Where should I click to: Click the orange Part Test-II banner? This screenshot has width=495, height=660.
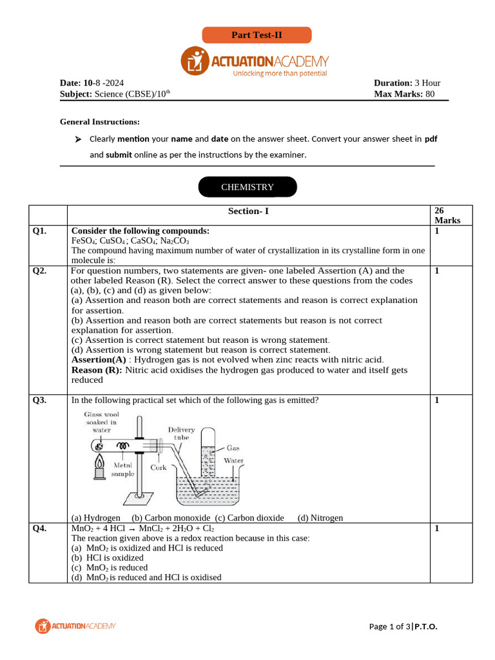click(x=257, y=35)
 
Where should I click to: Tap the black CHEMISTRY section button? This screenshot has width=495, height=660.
click(x=247, y=187)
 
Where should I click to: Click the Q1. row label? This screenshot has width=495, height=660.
click(x=40, y=231)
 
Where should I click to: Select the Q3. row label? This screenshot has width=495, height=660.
click(x=40, y=400)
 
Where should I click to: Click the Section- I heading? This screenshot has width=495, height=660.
click(x=248, y=211)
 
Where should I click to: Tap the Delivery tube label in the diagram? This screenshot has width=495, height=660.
click(x=181, y=433)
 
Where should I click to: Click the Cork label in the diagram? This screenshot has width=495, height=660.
click(x=159, y=468)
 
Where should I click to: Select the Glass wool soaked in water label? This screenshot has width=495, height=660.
click(x=101, y=422)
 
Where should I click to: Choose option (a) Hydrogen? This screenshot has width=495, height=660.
click(x=95, y=518)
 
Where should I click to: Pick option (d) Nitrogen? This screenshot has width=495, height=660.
click(x=320, y=518)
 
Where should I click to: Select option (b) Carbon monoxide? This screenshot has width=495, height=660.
click(x=171, y=518)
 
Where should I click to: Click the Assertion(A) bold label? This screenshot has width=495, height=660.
click(x=99, y=360)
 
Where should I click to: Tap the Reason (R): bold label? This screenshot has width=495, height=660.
click(x=97, y=370)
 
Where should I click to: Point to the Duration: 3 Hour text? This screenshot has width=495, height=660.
click(x=407, y=83)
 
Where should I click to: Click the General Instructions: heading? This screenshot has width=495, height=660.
click(x=100, y=121)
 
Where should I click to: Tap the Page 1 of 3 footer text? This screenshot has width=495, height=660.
click(x=389, y=626)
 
